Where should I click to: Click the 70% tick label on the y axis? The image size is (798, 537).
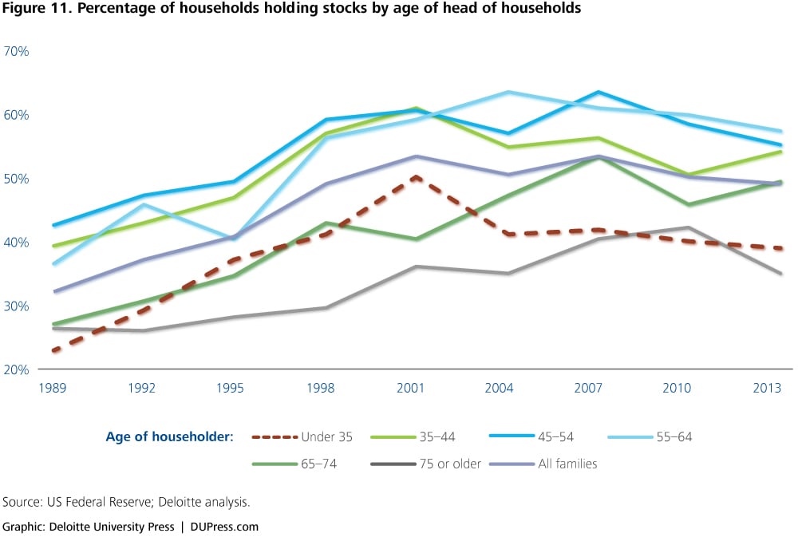click(x=17, y=51)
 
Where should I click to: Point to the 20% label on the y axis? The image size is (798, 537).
click(x=17, y=370)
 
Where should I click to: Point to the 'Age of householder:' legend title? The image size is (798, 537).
click(x=169, y=436)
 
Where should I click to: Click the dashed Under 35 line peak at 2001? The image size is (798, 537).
click(x=415, y=177)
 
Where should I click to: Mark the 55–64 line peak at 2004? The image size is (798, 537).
click(x=507, y=92)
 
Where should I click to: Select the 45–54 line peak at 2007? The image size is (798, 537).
click(x=598, y=92)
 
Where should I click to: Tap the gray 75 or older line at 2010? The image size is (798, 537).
click(x=689, y=227)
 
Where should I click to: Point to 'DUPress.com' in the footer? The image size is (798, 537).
click(x=224, y=527)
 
